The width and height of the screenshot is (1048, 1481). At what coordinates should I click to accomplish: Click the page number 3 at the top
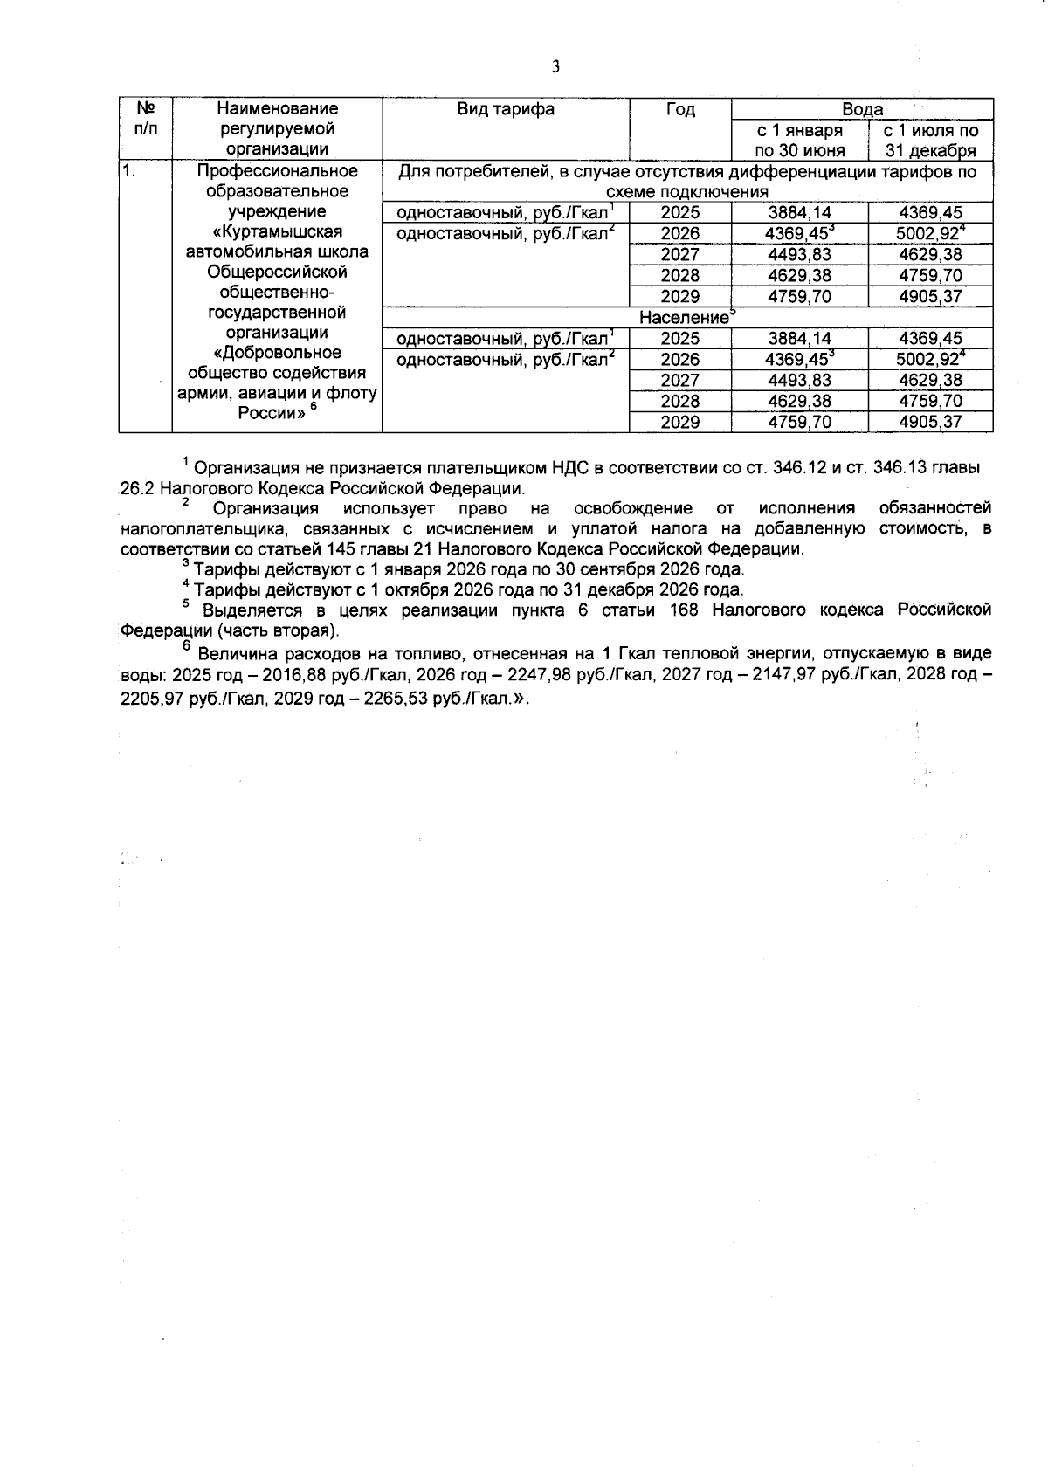(x=555, y=67)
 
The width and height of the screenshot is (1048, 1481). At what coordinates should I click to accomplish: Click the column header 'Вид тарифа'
(x=506, y=109)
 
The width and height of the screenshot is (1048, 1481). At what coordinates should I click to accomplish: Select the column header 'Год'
(x=680, y=109)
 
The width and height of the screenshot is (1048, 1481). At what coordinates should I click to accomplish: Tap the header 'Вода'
(x=862, y=109)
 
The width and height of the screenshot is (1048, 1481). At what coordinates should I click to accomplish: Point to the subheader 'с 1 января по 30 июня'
(x=800, y=140)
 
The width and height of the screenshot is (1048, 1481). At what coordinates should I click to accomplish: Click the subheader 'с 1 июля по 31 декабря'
(x=931, y=140)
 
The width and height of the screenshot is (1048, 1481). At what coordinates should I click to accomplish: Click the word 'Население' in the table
(x=684, y=318)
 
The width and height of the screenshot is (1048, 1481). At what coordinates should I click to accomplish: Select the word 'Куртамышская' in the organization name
(x=277, y=231)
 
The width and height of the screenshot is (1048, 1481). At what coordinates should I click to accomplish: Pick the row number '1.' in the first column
(x=128, y=171)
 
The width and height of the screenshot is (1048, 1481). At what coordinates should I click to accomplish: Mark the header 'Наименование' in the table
(x=277, y=109)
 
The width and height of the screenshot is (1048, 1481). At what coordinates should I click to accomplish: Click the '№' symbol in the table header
(x=146, y=108)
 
